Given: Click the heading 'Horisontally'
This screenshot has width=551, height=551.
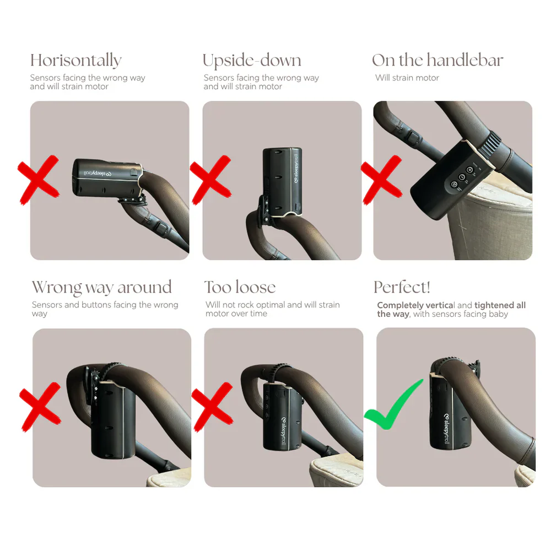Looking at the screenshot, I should point(75,60).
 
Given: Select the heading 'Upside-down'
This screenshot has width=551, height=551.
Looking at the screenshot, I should point(252,60).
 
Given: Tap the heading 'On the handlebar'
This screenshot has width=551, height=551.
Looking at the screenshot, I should point(437,60).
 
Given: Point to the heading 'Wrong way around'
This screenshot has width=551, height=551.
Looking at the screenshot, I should point(101,287).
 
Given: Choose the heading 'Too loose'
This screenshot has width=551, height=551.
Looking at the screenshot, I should point(240,287).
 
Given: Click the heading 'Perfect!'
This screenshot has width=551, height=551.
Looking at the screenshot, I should point(402,287).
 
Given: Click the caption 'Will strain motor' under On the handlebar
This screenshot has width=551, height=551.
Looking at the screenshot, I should point(407,78).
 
